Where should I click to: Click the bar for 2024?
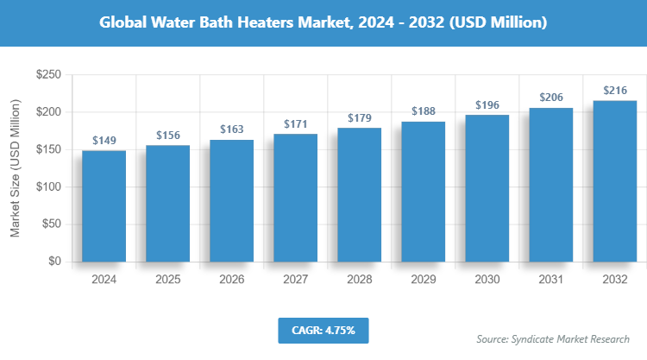coord(104,205)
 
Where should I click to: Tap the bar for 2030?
coord(487,187)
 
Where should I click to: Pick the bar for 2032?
coord(614,180)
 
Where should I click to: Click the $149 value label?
coord(104,140)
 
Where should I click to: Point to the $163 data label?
coord(231,129)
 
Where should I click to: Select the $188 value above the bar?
coord(423,111)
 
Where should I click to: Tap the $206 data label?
coord(550,98)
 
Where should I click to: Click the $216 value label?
coord(614,90)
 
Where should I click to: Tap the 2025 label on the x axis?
coord(167,280)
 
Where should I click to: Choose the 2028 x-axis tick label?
coord(359,280)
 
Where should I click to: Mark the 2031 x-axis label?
coord(550,280)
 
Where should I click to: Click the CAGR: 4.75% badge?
coord(323,330)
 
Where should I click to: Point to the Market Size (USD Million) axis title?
coord(15,168)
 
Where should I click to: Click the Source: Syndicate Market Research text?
coord(553,338)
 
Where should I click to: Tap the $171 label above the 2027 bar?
coord(295,123)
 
